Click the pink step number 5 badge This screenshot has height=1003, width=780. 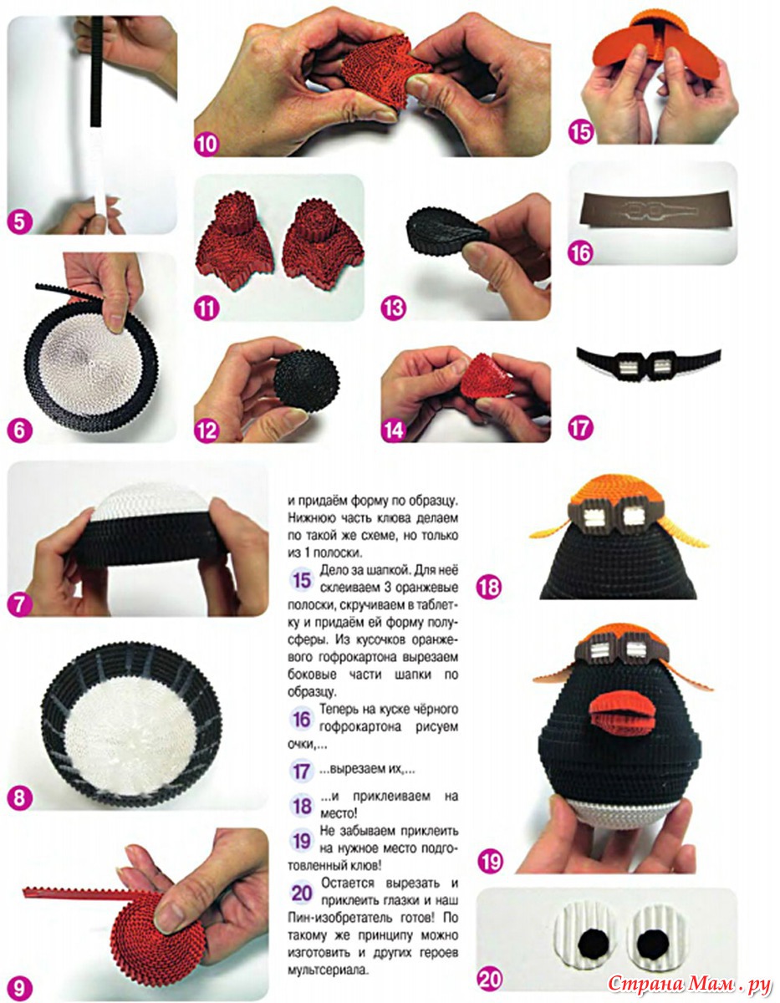[20, 221]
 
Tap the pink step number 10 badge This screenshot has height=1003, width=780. [206, 144]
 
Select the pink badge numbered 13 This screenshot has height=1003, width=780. [393, 308]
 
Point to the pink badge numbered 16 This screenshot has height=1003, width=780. [581, 252]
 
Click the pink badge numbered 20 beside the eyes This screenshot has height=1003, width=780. [490, 979]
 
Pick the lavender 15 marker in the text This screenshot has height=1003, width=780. [302, 580]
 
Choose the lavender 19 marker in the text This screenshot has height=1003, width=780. [302, 841]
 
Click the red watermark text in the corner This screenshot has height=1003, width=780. [689, 984]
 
